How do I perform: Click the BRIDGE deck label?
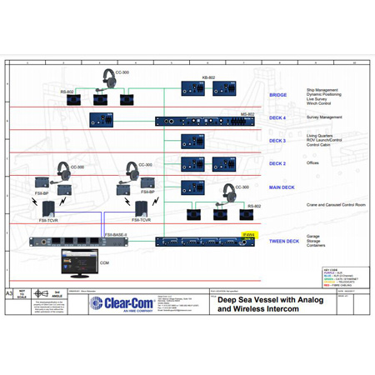277,95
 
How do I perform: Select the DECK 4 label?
277,118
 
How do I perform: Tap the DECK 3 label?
277,141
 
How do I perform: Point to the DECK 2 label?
277,163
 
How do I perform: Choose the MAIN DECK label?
282,187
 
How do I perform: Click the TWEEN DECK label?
283,242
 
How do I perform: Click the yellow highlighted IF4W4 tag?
248,235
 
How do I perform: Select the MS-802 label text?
247,114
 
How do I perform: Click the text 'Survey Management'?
324,117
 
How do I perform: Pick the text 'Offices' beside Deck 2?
312,163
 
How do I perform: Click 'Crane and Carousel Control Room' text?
335,204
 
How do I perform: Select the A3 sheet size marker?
9,294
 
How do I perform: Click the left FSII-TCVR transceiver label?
47,220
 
